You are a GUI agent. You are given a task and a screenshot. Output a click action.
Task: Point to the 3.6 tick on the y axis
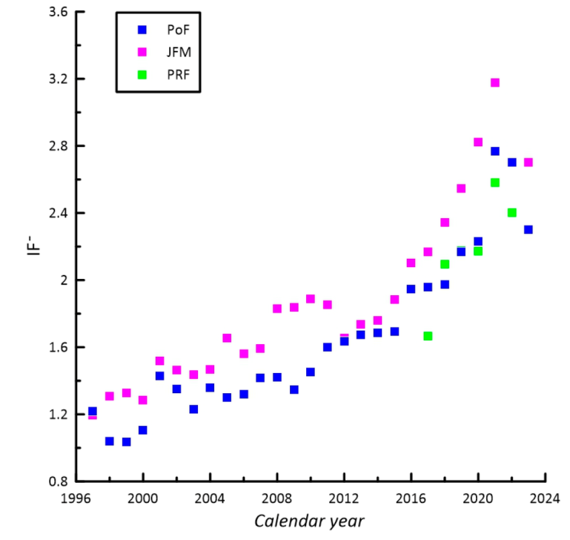pyautogui.click(x=57, y=12)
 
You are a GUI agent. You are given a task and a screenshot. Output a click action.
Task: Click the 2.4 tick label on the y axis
pyautogui.click(x=57, y=213)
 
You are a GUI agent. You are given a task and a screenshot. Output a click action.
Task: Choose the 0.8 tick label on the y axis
pyautogui.click(x=57, y=481)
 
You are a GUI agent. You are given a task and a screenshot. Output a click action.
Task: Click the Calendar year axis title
pyautogui.click(x=309, y=521)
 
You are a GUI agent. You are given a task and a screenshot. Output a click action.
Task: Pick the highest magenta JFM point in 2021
pyautogui.click(x=495, y=82)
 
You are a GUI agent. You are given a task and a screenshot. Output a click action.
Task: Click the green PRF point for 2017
pyautogui.click(x=428, y=336)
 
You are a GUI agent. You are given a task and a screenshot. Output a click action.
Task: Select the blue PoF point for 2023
pyautogui.click(x=528, y=229)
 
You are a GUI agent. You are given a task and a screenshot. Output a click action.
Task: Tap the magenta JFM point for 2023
pyautogui.click(x=528, y=162)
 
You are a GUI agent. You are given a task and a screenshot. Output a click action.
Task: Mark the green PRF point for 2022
pyautogui.click(x=511, y=213)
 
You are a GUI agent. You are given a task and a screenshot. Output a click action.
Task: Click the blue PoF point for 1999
pyautogui.click(x=126, y=442)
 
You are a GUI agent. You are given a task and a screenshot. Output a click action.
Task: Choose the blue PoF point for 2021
pyautogui.click(x=495, y=151)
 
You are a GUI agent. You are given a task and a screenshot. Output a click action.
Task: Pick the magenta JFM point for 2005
pyautogui.click(x=227, y=338)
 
